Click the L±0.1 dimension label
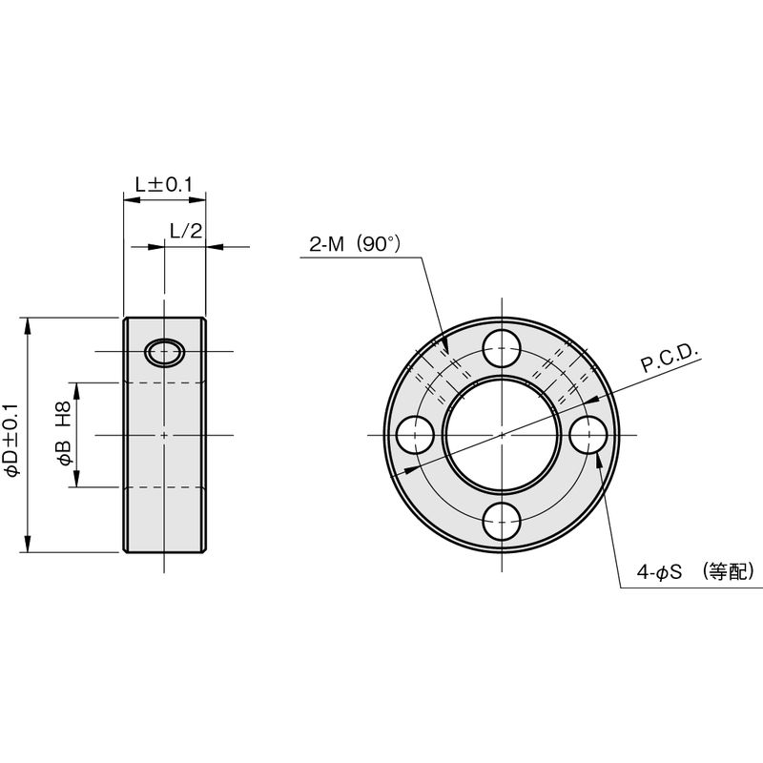164,184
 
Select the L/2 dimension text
186,230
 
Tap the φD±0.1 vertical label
11,439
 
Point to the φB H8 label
65,433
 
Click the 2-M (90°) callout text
355,244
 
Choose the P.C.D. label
670,360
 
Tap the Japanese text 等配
727,571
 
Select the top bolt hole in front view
502,348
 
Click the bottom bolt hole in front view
502,521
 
